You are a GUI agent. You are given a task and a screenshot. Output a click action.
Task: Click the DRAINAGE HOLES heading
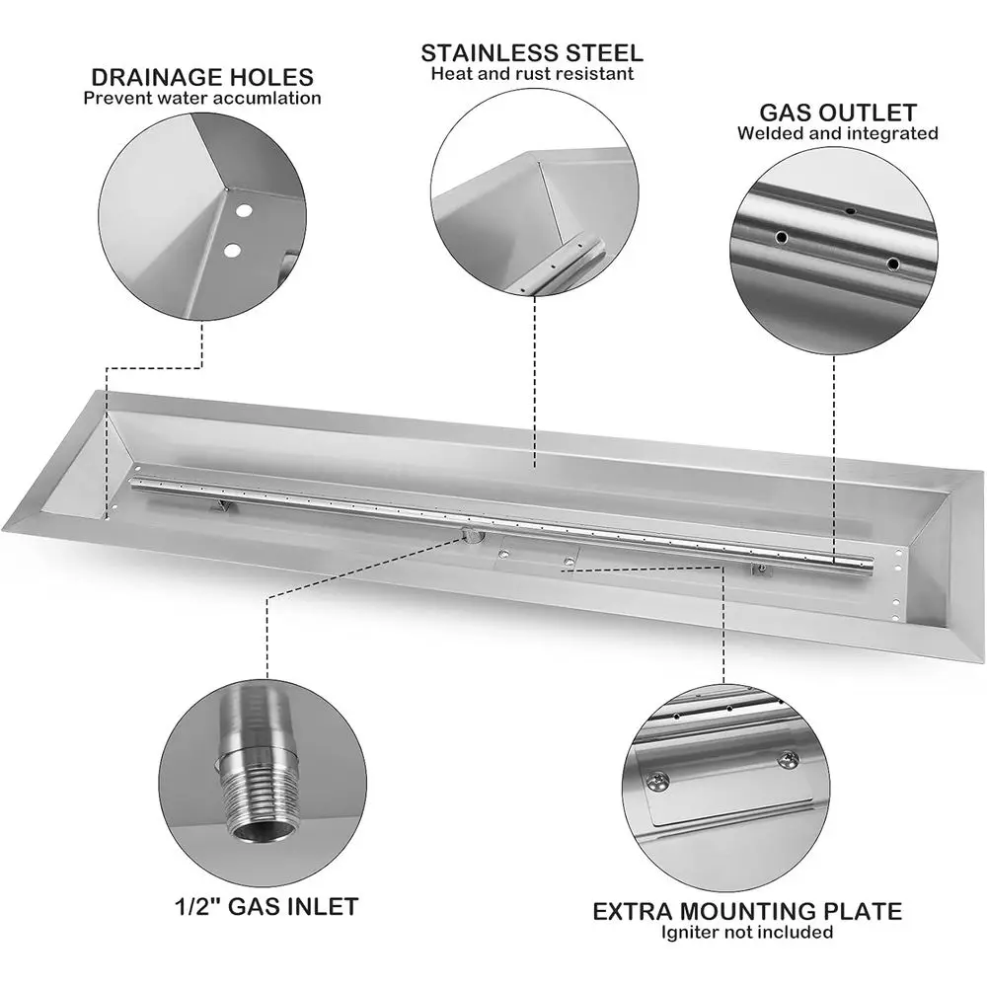coord(202,77)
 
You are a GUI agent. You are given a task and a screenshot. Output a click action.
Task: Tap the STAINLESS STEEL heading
coord(532,52)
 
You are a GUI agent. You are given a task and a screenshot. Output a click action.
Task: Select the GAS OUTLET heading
coord(837,113)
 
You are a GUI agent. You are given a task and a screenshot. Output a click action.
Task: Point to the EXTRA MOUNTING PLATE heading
coord(747,910)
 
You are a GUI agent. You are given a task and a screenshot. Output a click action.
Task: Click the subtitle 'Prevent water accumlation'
coord(202,98)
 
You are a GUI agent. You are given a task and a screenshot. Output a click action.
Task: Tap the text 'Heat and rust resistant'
coord(532,73)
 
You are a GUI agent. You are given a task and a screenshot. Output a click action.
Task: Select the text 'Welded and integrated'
coord(837,133)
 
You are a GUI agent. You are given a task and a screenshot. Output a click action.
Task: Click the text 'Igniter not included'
coord(747,932)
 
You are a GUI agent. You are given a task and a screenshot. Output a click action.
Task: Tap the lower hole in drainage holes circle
coord(232,250)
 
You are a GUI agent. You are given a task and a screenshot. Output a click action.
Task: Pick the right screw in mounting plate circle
coord(787,759)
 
